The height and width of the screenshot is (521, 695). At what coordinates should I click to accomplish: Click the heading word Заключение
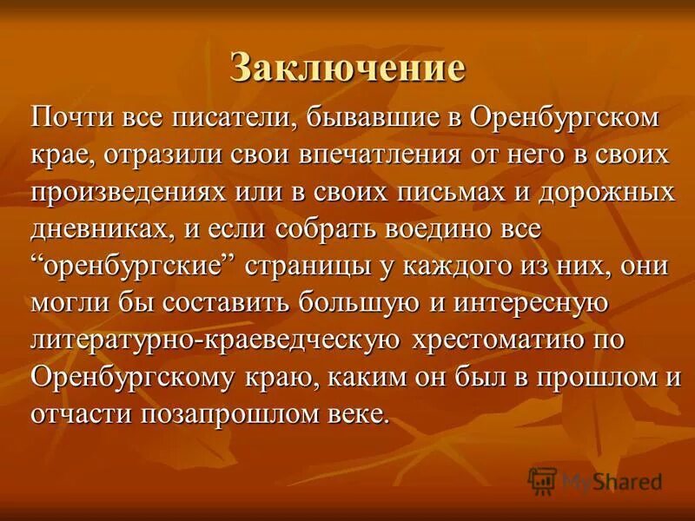coord(347,68)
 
